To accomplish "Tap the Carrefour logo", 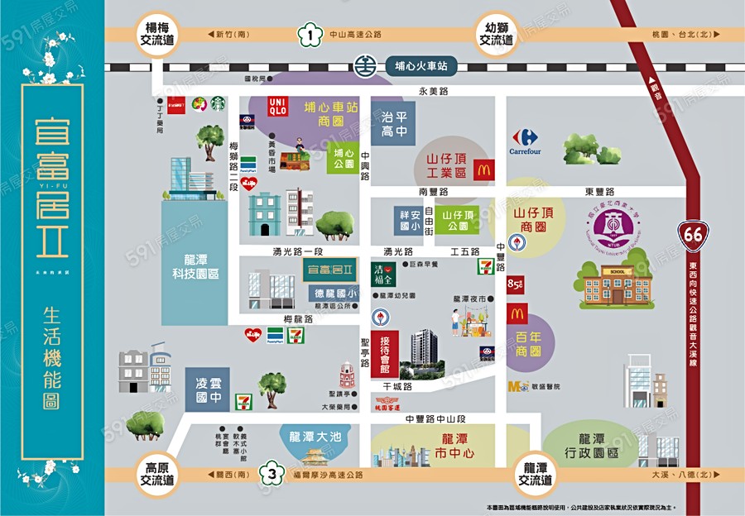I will [x=525, y=141].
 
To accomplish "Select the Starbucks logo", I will [x=218, y=103].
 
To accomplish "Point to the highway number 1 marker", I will [x=309, y=36].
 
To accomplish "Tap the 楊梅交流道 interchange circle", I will [x=157, y=34].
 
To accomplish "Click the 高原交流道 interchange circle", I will [x=157, y=474].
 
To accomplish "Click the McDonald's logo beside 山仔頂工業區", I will [x=484, y=170].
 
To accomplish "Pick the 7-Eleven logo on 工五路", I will [x=485, y=266].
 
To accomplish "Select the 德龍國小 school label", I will [x=335, y=293].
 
